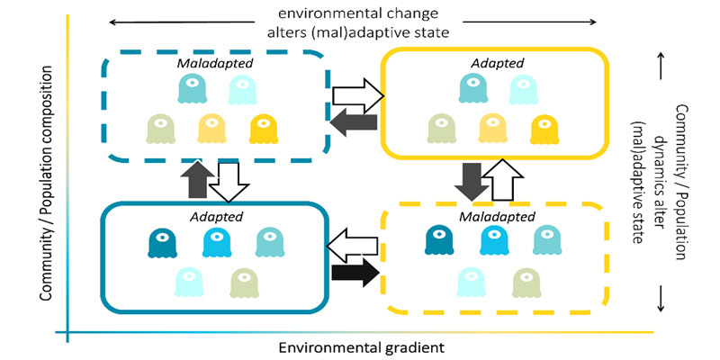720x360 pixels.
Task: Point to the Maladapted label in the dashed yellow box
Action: pos(490,217)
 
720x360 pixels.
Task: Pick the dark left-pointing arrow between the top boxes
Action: pos(353,119)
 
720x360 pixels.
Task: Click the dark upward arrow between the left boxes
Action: pos(198,181)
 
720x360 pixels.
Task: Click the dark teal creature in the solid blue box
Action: pos(162,242)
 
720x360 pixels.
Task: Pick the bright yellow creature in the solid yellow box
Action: pos(543,129)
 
